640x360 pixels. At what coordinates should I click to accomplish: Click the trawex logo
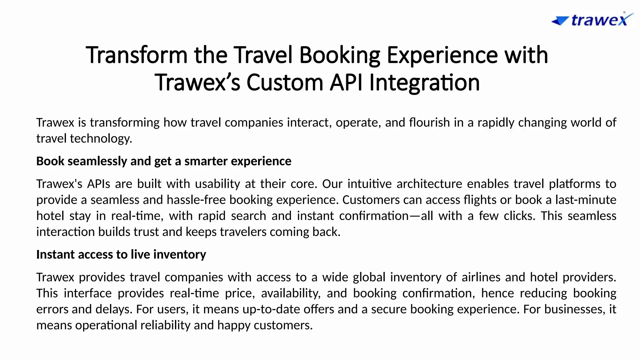pos(592,20)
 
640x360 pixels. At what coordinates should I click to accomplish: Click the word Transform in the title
pos(137,55)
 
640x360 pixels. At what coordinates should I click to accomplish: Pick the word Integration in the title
pos(424,83)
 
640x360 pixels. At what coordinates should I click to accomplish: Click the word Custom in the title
pos(285,82)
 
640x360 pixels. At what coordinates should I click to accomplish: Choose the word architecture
pos(429,184)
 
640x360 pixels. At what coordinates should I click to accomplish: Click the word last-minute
pos(586,200)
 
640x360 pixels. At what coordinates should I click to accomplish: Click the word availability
pos(291,293)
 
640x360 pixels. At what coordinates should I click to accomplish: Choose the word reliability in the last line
pos(165,325)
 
